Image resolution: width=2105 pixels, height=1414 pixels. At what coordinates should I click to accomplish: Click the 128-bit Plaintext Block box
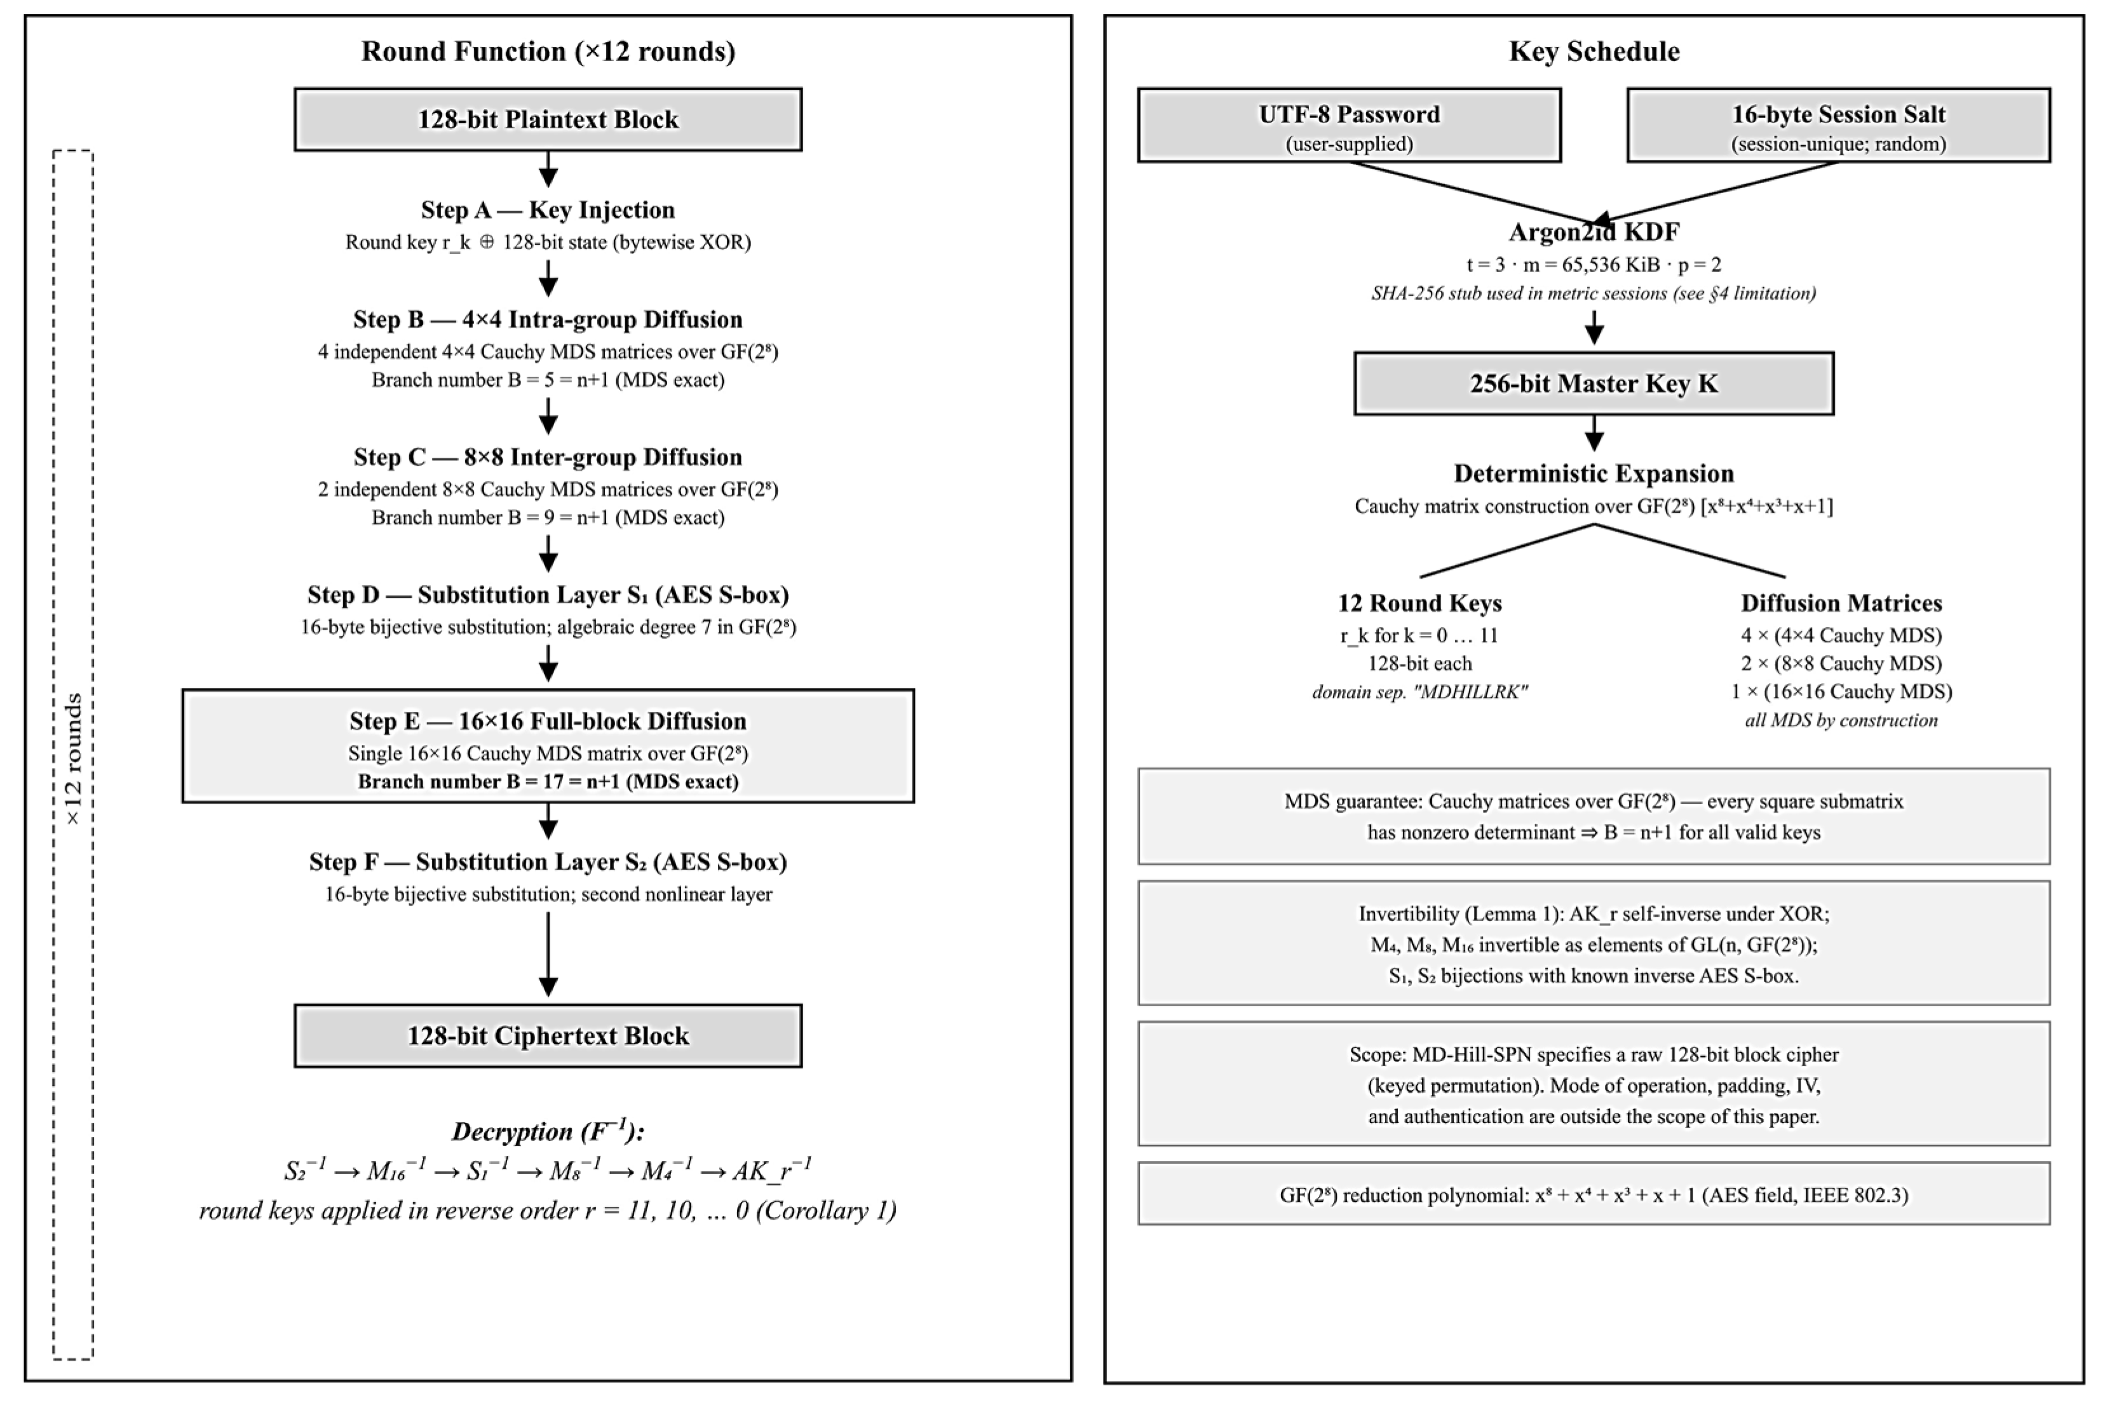click(x=548, y=119)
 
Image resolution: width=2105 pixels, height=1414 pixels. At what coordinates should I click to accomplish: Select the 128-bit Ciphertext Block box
click(x=548, y=1035)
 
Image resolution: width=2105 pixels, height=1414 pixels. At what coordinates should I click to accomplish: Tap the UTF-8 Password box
click(x=1349, y=125)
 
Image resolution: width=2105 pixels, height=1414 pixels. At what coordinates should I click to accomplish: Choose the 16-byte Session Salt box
click(x=1838, y=125)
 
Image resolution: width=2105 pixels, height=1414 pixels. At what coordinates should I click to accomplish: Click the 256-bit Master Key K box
click(x=1594, y=383)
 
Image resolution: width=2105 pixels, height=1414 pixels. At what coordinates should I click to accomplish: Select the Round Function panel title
click(x=548, y=51)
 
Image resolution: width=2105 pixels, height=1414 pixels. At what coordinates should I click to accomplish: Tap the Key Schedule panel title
click(x=1594, y=51)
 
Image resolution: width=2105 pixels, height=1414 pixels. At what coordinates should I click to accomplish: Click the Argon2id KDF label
click(x=1594, y=232)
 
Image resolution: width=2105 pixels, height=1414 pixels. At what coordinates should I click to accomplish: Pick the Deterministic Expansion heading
click(x=1594, y=473)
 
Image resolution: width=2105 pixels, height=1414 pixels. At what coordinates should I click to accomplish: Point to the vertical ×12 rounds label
click(x=73, y=759)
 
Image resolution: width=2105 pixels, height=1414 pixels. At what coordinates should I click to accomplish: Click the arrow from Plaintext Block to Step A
click(x=548, y=168)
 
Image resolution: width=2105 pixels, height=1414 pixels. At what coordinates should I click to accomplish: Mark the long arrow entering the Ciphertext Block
click(x=548, y=955)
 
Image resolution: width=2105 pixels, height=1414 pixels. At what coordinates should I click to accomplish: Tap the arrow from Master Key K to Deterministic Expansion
click(x=1594, y=433)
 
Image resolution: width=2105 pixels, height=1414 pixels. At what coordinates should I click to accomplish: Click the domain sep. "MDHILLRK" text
click(x=1419, y=692)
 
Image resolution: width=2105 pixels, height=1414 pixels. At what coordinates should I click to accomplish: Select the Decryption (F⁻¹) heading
click(x=548, y=1131)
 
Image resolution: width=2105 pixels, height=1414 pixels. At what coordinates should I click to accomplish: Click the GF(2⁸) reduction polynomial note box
click(x=1594, y=1194)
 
